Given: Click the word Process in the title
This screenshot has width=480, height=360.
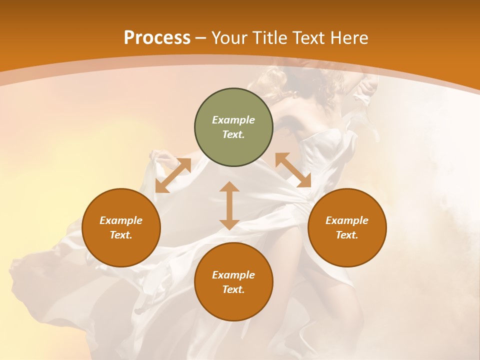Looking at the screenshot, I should (x=157, y=38).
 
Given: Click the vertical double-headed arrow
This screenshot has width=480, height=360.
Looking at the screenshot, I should (x=229, y=205).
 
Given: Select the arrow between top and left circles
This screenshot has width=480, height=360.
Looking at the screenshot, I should (x=173, y=175).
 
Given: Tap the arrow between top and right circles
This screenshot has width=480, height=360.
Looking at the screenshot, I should (x=293, y=170).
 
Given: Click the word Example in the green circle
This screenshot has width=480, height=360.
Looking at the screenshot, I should (x=233, y=120).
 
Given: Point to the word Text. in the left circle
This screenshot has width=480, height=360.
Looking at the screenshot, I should (x=121, y=235).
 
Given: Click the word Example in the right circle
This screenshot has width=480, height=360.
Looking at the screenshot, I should (x=347, y=220).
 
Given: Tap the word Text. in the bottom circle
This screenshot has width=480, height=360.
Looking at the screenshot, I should (x=233, y=289).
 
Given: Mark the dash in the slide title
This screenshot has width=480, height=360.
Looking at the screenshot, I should (x=201, y=38).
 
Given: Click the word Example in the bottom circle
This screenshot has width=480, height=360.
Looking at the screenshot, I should (x=233, y=275).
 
